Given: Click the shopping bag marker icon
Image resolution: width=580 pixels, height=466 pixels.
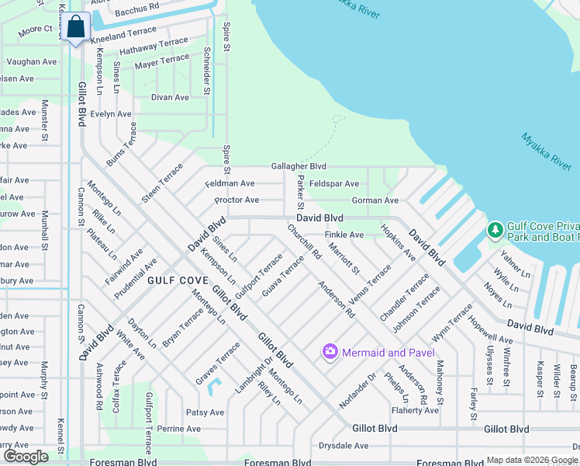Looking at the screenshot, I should [x=77, y=27].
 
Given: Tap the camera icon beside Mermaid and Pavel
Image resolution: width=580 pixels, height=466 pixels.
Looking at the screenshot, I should [x=330, y=353].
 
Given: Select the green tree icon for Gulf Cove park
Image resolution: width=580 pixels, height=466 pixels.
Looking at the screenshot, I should [x=495, y=230].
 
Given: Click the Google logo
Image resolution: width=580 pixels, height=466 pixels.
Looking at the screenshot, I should [x=26, y=457].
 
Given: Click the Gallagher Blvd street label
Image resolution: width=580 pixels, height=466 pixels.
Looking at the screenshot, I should [x=299, y=166].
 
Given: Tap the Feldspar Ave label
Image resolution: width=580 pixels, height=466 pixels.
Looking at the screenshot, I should [x=333, y=184].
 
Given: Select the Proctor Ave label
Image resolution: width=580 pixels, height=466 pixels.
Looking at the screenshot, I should [x=237, y=200].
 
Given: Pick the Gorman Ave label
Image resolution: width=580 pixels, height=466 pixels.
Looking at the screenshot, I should [x=375, y=200].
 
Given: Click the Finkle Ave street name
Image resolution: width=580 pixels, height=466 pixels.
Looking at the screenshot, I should [x=344, y=235].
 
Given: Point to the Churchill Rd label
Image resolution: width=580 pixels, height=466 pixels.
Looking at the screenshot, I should [x=304, y=242].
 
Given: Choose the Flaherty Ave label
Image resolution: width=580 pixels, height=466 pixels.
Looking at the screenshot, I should [x=416, y=411].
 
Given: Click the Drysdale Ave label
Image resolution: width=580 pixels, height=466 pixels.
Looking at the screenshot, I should [x=344, y=446].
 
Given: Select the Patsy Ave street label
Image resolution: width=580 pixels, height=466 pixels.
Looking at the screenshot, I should [x=205, y=412].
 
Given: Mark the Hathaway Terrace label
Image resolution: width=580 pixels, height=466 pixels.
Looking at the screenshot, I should [x=154, y=47].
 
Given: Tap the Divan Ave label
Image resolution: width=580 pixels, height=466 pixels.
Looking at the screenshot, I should [x=170, y=98].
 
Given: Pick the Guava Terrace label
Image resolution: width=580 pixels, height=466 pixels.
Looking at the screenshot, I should [x=282, y=276].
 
